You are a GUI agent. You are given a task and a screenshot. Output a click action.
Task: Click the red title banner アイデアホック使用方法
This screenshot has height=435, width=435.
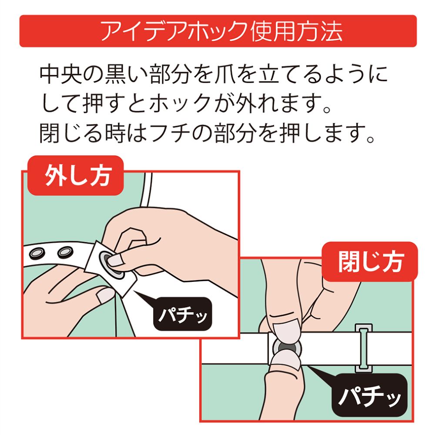pos(217,31)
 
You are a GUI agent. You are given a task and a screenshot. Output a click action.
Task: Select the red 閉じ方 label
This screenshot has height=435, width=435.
pos(370,262)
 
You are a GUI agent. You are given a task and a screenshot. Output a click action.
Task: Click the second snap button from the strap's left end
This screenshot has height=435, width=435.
pos(65,251)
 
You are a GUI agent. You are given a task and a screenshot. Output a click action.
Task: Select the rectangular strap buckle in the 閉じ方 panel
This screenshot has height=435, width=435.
pos(364,348)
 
